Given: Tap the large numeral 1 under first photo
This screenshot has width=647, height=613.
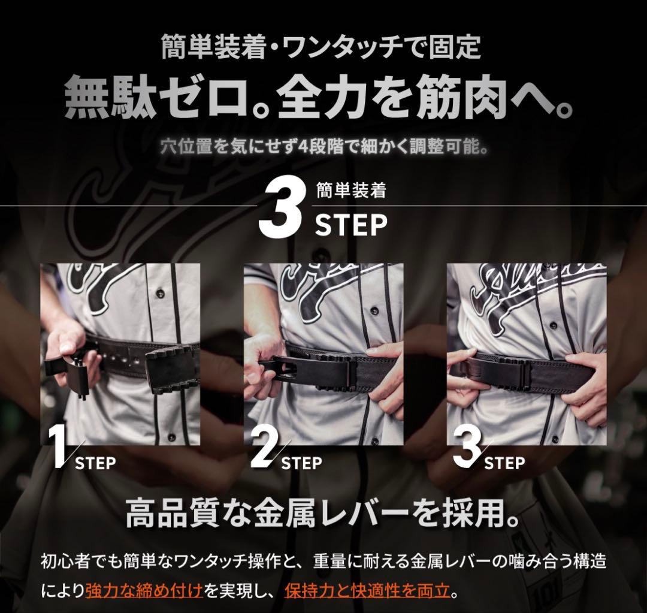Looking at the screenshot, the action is pos(61,448).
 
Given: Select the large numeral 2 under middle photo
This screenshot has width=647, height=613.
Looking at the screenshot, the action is pos(265,448).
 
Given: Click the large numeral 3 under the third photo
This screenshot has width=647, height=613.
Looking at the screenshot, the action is pos(468,448).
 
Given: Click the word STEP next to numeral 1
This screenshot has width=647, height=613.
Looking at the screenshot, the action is pos(96,463).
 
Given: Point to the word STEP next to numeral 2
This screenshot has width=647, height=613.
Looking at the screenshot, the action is pos(301,463).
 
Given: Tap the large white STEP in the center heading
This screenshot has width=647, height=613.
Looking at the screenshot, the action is pos(351,225).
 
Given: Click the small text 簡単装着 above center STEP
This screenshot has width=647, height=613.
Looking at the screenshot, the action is pos(350,191).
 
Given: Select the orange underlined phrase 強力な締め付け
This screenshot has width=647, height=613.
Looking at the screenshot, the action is pos(144,590).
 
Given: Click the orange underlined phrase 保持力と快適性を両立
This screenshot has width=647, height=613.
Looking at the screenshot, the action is pos(367,590).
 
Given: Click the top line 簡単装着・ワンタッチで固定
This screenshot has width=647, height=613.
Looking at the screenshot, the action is pos(322,47).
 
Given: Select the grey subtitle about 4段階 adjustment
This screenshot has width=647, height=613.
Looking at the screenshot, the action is pos(324,146).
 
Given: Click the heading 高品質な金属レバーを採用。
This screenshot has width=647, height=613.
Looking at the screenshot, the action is pos(322,513).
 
